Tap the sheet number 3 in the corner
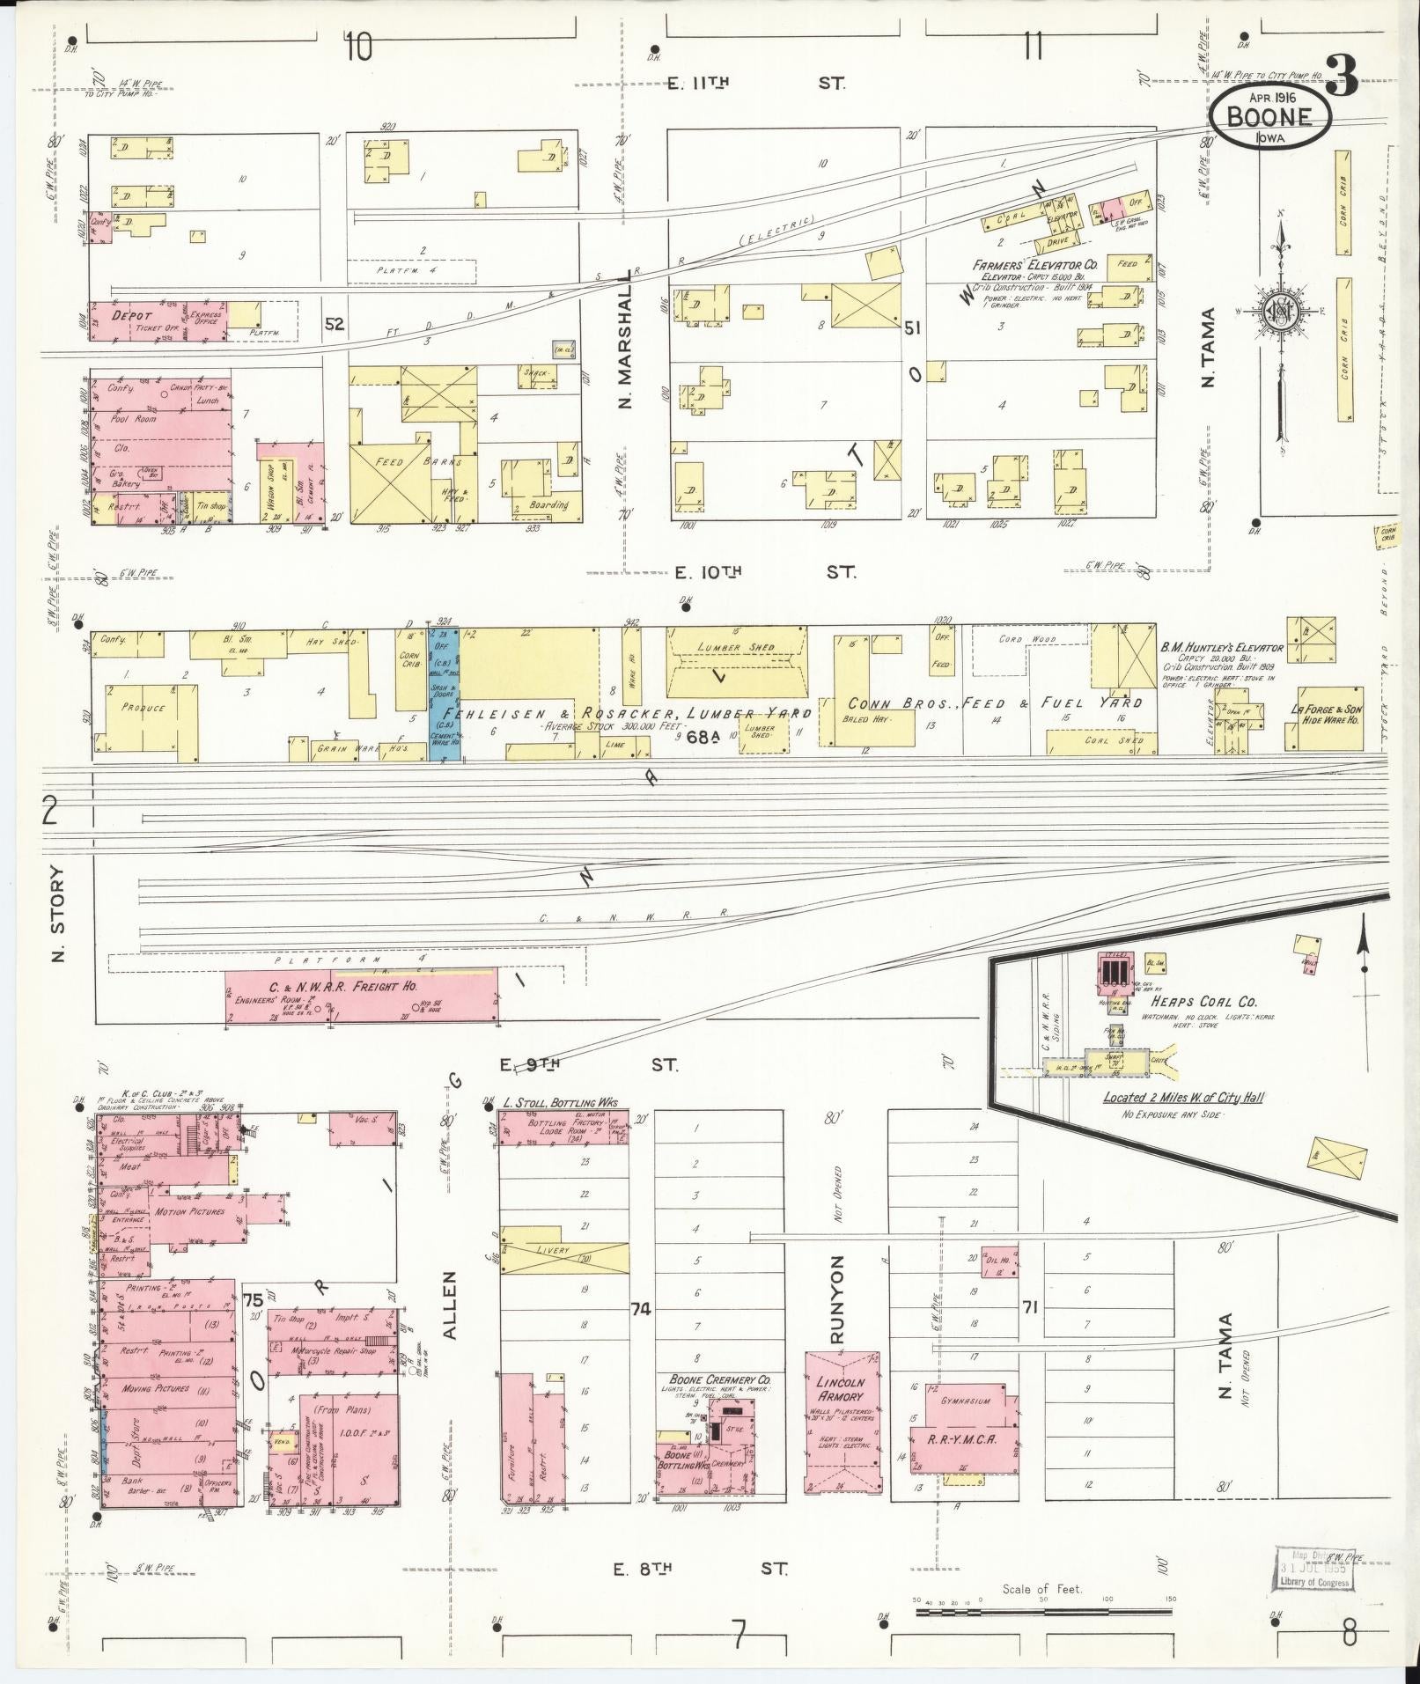1342,76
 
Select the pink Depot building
158,321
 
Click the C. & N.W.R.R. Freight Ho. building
360,996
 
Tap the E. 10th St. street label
764,572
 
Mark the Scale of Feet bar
1044,1612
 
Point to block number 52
335,324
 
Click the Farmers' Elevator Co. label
1034,264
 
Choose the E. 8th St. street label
700,1568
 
